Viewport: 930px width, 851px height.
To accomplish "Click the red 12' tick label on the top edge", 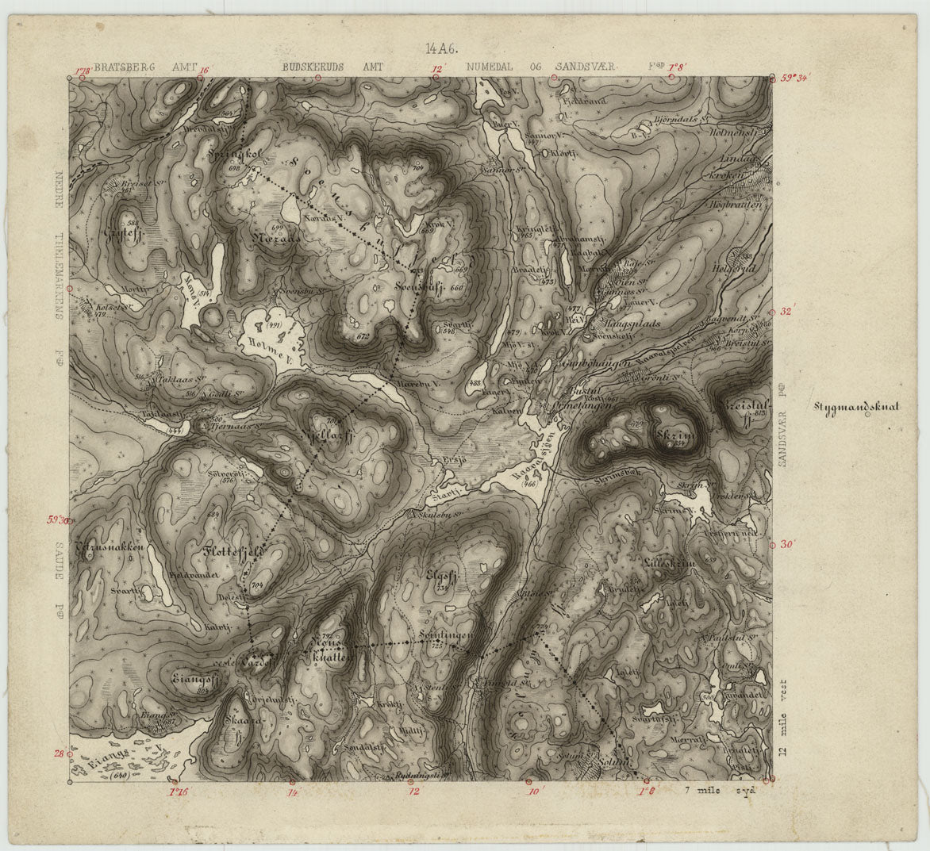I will (x=435, y=69).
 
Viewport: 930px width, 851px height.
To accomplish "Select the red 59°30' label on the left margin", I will (x=60, y=521).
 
